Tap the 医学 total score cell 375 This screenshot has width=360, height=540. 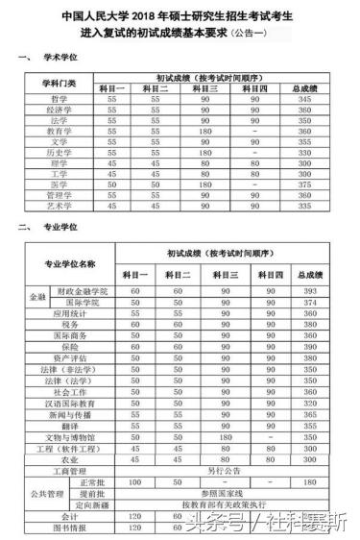point(309,185)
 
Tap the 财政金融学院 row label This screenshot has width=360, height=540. point(83,290)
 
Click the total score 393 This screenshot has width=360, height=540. point(309,290)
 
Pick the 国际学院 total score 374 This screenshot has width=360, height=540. point(309,303)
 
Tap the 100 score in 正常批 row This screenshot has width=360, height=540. point(134,482)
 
